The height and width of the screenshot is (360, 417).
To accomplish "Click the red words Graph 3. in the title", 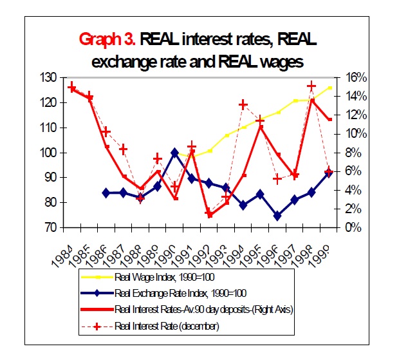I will (x=106, y=40).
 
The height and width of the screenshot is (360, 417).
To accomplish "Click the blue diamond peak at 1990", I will (x=174, y=153).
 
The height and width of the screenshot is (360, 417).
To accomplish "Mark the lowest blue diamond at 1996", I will (x=277, y=216).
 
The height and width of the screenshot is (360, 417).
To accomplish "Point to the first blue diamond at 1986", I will (x=106, y=193).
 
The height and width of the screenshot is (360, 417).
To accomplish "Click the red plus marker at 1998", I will (x=311, y=86).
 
